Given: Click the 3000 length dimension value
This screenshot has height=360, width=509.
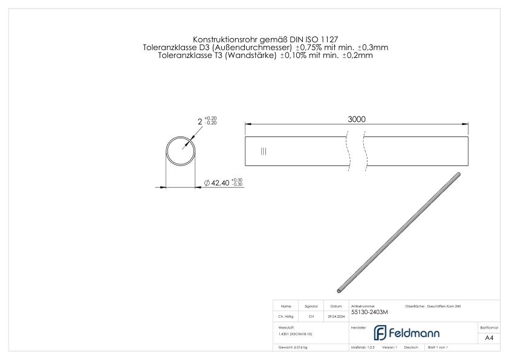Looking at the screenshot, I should [x=356, y=119].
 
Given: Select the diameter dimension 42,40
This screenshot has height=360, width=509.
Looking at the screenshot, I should [x=218, y=183].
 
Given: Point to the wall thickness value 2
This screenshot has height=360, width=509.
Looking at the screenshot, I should [x=199, y=121].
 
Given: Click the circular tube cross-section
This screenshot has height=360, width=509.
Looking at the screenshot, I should [x=182, y=151].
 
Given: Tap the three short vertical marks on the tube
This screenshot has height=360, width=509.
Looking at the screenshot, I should [x=263, y=151].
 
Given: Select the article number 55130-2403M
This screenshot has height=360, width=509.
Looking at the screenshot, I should [x=369, y=312].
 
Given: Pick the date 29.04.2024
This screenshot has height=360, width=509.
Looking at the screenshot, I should [x=336, y=316].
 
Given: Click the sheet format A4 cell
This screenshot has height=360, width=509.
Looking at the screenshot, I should [x=488, y=338].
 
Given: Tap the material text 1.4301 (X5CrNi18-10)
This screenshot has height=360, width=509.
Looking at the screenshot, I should [x=295, y=333].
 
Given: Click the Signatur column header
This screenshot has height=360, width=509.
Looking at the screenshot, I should [x=311, y=306].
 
